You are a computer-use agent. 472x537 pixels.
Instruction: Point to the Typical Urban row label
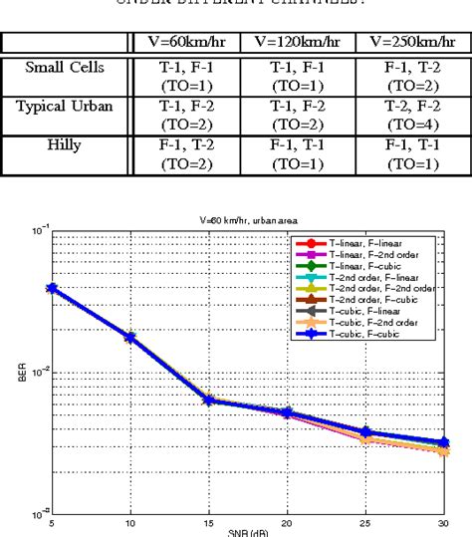pos(67,105)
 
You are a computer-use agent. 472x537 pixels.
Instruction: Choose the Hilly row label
pos(67,143)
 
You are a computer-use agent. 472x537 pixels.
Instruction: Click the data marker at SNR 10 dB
pos(129,338)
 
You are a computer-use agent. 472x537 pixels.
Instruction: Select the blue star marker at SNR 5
pos(52,288)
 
